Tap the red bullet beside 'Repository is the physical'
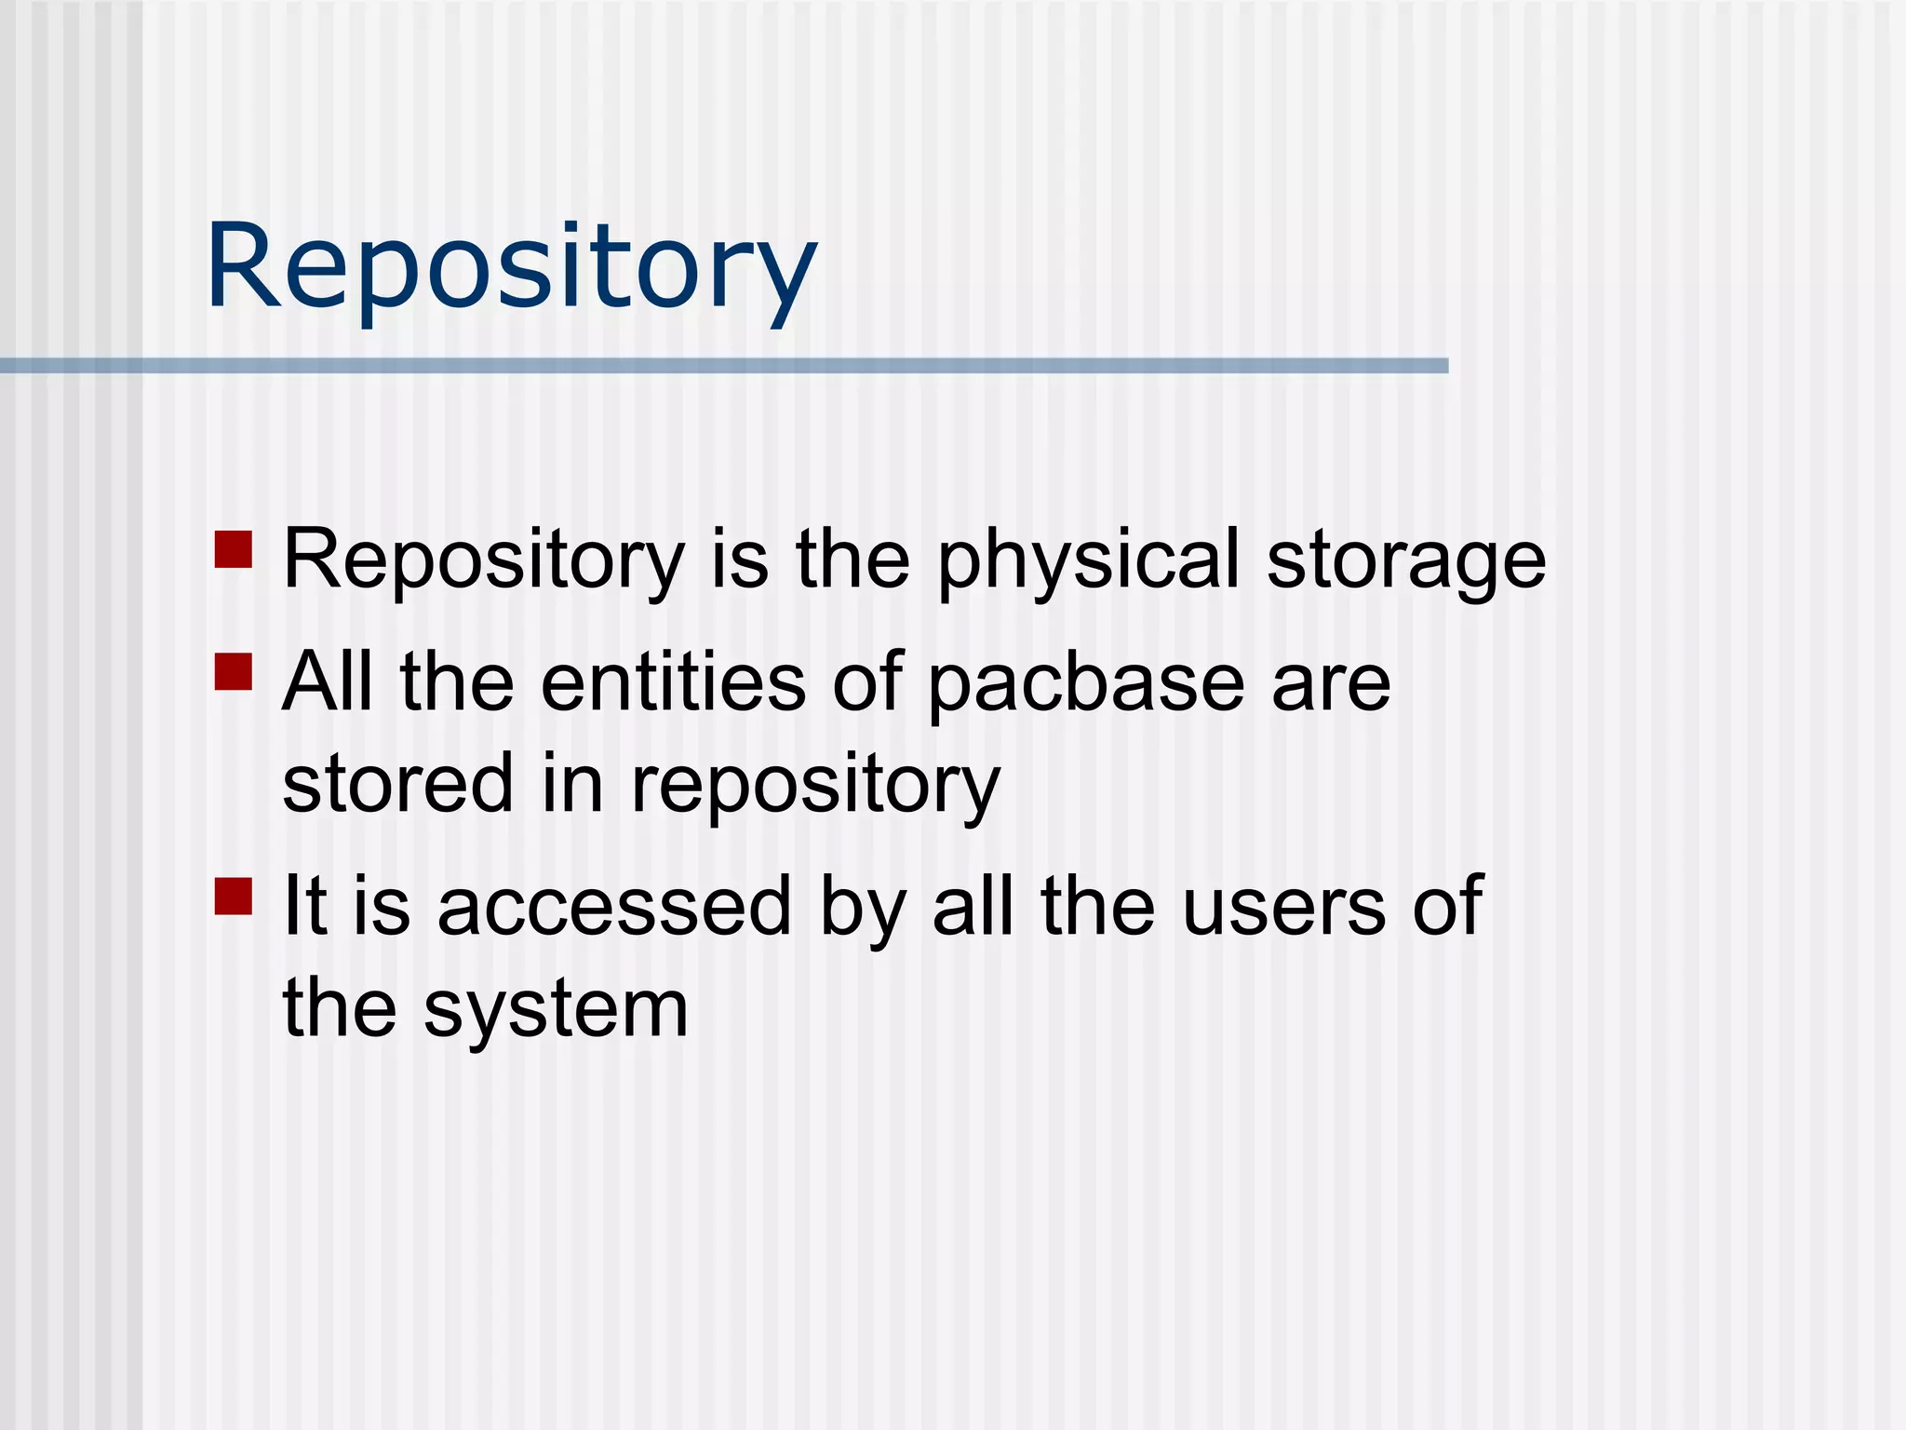click(234, 549)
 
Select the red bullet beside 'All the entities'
click(234, 671)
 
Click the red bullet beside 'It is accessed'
click(234, 897)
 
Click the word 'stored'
click(397, 783)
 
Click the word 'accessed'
click(614, 907)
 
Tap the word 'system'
click(556, 1011)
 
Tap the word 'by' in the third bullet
click(862, 909)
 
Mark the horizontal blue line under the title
click(724, 366)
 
